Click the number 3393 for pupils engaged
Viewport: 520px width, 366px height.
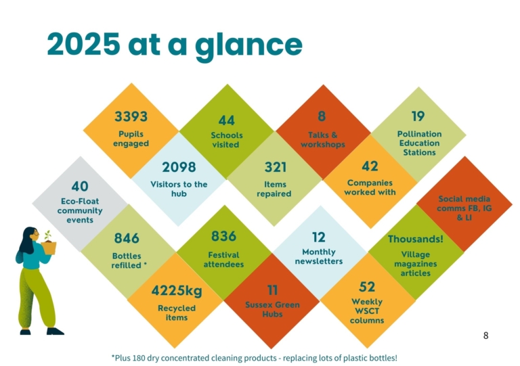coord(131,116)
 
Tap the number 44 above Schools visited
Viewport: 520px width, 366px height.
coord(227,120)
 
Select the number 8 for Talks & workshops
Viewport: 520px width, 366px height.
coord(322,116)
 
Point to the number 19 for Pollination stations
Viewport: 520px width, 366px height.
coord(418,116)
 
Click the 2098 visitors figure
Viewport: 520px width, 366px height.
coord(179,167)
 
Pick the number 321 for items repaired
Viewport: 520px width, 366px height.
coord(276,167)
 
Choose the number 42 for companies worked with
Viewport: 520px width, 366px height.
coord(370,166)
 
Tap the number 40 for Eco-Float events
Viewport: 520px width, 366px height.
coord(80,187)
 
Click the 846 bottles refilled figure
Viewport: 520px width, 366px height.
coord(127,238)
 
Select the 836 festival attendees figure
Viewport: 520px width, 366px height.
coord(224,237)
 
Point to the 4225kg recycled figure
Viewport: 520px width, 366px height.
coord(177,291)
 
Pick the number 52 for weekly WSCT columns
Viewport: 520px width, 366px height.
coord(367,287)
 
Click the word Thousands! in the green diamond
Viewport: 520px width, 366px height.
coord(416,239)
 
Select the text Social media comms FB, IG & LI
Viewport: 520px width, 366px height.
coord(464,208)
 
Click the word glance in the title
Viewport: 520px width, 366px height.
coord(248,45)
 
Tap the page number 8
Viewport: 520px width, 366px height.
coord(486,336)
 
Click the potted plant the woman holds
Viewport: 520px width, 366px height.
coord(49,244)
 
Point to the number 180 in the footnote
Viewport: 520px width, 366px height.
coord(139,358)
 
